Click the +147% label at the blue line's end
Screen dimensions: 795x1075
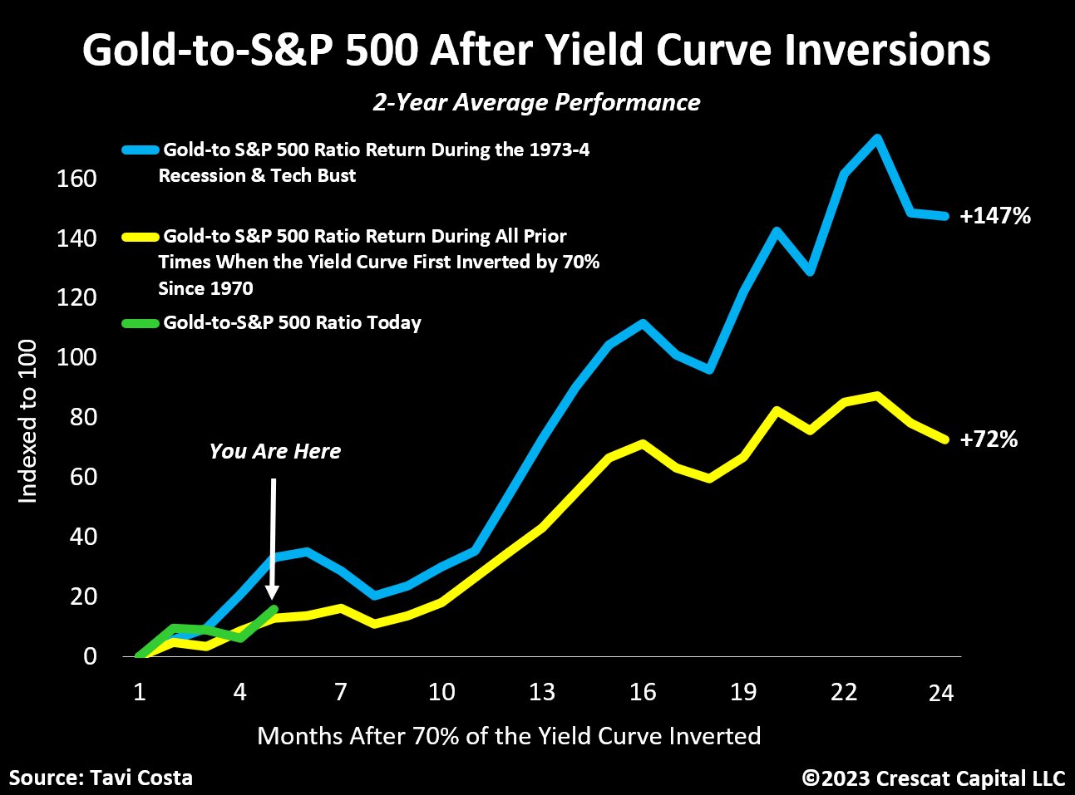click(995, 216)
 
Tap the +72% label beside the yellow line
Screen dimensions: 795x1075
click(989, 439)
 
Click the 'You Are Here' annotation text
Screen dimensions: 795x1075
click(275, 451)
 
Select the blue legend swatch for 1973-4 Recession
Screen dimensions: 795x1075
click(139, 150)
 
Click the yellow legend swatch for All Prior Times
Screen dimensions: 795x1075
click(139, 237)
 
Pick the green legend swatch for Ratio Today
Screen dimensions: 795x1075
click(139, 323)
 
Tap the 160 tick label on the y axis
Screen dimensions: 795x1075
click(76, 179)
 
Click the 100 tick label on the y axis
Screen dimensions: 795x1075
click(76, 357)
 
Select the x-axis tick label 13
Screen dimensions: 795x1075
click(542, 692)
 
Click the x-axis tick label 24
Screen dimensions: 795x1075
click(940, 692)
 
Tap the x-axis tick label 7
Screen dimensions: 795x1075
click(341, 692)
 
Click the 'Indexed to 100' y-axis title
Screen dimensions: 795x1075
click(28, 420)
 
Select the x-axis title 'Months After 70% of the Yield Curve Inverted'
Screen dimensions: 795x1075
click(509, 736)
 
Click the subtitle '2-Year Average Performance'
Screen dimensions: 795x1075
click(536, 102)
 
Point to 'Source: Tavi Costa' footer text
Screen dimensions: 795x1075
click(101, 778)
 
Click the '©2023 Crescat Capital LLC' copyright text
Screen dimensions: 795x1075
click(933, 778)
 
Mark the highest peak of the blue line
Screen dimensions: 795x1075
click(876, 138)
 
